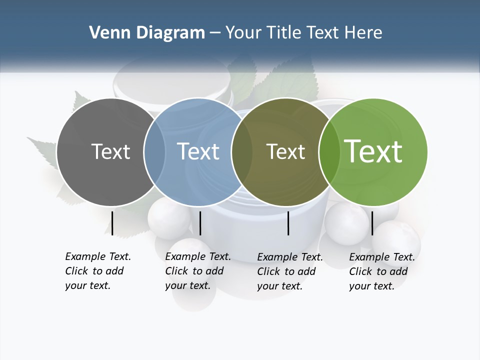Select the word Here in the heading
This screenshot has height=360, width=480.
coord(365,33)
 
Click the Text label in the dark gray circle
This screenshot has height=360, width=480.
coord(110,151)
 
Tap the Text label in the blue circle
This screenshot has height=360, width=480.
coord(198,151)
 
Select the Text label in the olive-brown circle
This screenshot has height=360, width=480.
coord(285,151)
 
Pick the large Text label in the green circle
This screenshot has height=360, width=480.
coord(373,151)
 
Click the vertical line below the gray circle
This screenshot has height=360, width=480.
coord(112,223)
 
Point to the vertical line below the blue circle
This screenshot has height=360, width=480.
coord(200,223)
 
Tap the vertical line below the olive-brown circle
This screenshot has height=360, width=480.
coord(288,223)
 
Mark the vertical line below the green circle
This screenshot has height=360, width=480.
coord(372,223)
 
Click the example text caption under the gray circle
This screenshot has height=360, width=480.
coord(98,271)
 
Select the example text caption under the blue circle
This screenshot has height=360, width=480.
coord(198,271)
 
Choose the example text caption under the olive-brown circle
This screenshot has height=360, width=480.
coord(290,271)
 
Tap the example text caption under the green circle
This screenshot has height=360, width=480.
coord(382,271)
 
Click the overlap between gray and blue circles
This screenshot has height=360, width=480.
coord(154,152)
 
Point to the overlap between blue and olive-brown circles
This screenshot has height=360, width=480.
coord(242,152)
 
